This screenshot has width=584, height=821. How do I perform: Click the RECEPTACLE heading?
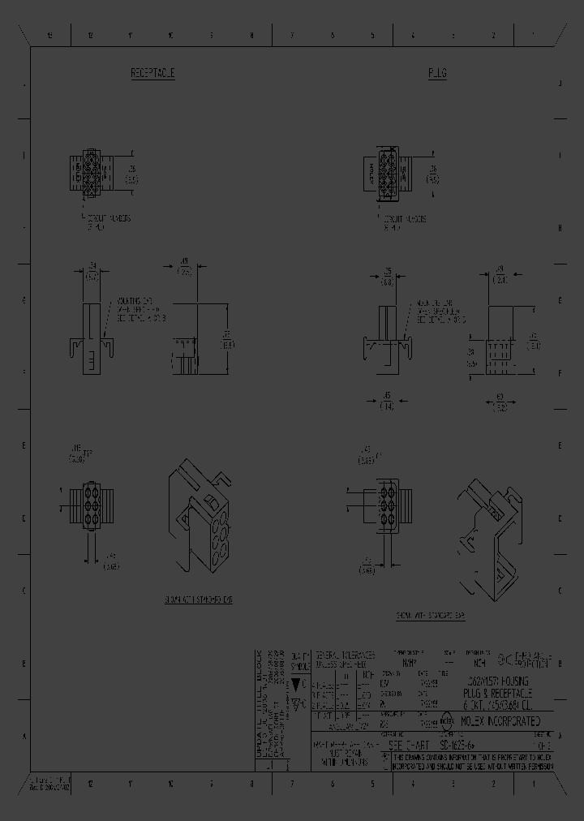click(x=153, y=74)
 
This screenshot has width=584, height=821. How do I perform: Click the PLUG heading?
click(x=437, y=74)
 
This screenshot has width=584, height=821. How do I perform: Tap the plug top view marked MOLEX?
click(x=380, y=173)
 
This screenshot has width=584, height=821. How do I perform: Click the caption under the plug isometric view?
click(x=431, y=616)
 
